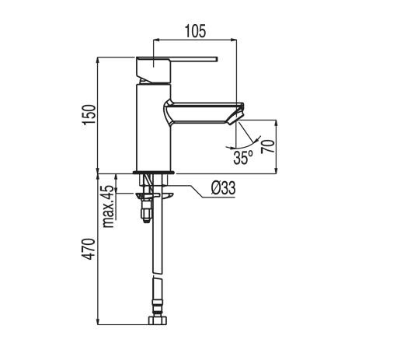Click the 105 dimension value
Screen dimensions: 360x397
pos(195,31)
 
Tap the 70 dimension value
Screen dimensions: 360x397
pos(268,145)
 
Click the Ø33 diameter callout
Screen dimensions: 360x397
pos(223,188)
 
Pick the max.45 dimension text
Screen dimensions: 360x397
pos(109,205)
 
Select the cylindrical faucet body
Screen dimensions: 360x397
pos(153,124)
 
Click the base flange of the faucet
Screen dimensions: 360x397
pos(153,172)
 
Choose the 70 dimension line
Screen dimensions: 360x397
pos(276,145)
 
